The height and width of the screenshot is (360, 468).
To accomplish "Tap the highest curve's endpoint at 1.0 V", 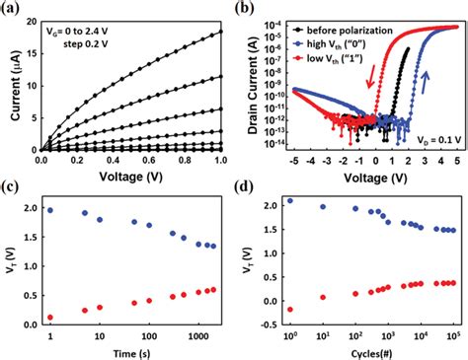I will tap(219, 32).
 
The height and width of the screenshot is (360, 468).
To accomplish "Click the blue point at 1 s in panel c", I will tap(51, 210).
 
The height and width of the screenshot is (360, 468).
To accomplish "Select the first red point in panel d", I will tap(289, 309).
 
